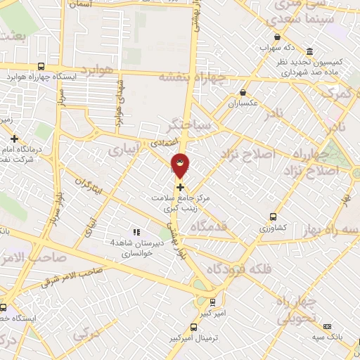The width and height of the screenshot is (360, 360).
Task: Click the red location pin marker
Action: click(180, 165)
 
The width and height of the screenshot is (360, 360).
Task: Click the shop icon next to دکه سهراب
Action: click(278, 37)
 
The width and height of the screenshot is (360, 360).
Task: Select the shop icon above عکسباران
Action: click(243, 92)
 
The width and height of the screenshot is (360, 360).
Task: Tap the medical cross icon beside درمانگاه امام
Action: click(15, 139)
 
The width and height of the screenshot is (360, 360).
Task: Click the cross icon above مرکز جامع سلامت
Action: click(181, 187)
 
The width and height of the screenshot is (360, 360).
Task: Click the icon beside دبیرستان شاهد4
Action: click(136, 231)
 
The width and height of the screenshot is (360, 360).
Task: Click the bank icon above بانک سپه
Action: click(327, 326)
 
